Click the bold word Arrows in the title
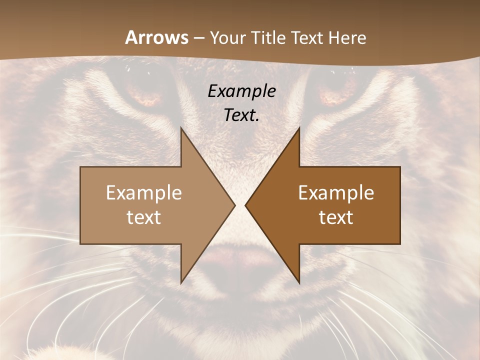(156, 38)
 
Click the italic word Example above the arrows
(241, 91)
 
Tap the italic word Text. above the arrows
(241, 115)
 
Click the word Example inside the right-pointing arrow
(144, 193)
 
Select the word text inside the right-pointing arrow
(144, 217)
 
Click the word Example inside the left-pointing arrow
(336, 193)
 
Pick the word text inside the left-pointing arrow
(336, 217)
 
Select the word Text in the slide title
(306, 38)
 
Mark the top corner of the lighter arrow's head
(181, 128)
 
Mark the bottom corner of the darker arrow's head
(299, 282)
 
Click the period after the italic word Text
(257, 120)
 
